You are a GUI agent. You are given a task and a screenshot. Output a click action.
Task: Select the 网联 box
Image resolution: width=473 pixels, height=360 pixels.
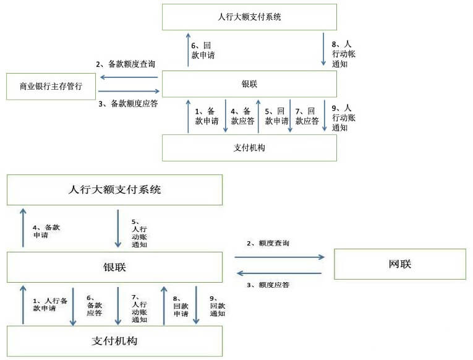click(399, 264)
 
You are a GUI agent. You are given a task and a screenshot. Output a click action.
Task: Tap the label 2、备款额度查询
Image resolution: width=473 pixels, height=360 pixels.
click(125, 64)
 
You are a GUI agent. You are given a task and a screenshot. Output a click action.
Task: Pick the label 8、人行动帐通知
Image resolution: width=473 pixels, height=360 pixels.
click(344, 54)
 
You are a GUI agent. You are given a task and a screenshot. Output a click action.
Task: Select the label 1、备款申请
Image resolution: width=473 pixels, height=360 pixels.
click(207, 116)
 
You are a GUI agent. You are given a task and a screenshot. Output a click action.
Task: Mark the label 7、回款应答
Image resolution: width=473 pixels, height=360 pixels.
click(307, 116)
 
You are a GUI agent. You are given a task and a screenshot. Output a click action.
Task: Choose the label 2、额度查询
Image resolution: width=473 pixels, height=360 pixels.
click(268, 243)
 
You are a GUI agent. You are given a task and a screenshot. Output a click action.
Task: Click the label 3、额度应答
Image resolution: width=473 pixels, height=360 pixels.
click(268, 285)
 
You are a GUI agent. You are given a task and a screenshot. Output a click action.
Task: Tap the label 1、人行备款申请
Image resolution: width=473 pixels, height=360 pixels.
click(49, 305)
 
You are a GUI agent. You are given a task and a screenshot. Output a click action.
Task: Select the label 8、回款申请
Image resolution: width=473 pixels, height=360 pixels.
click(181, 306)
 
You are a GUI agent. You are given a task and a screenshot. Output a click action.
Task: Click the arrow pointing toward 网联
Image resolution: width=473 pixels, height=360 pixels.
click(279, 256)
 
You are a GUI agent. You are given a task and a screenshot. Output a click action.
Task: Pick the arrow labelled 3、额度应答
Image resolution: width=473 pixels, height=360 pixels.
click(279, 273)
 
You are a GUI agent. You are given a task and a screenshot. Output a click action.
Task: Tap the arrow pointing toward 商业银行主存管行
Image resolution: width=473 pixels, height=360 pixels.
click(129, 77)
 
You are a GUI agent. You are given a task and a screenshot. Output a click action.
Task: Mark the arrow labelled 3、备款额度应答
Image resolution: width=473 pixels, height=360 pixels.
click(129, 92)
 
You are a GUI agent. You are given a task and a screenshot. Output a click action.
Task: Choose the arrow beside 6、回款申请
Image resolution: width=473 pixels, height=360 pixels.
click(187, 49)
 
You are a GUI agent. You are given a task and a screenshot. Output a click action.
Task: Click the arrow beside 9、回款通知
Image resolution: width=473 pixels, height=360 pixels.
click(197, 305)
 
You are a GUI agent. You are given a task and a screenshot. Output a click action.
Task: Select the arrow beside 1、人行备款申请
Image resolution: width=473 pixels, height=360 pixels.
click(23, 305)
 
